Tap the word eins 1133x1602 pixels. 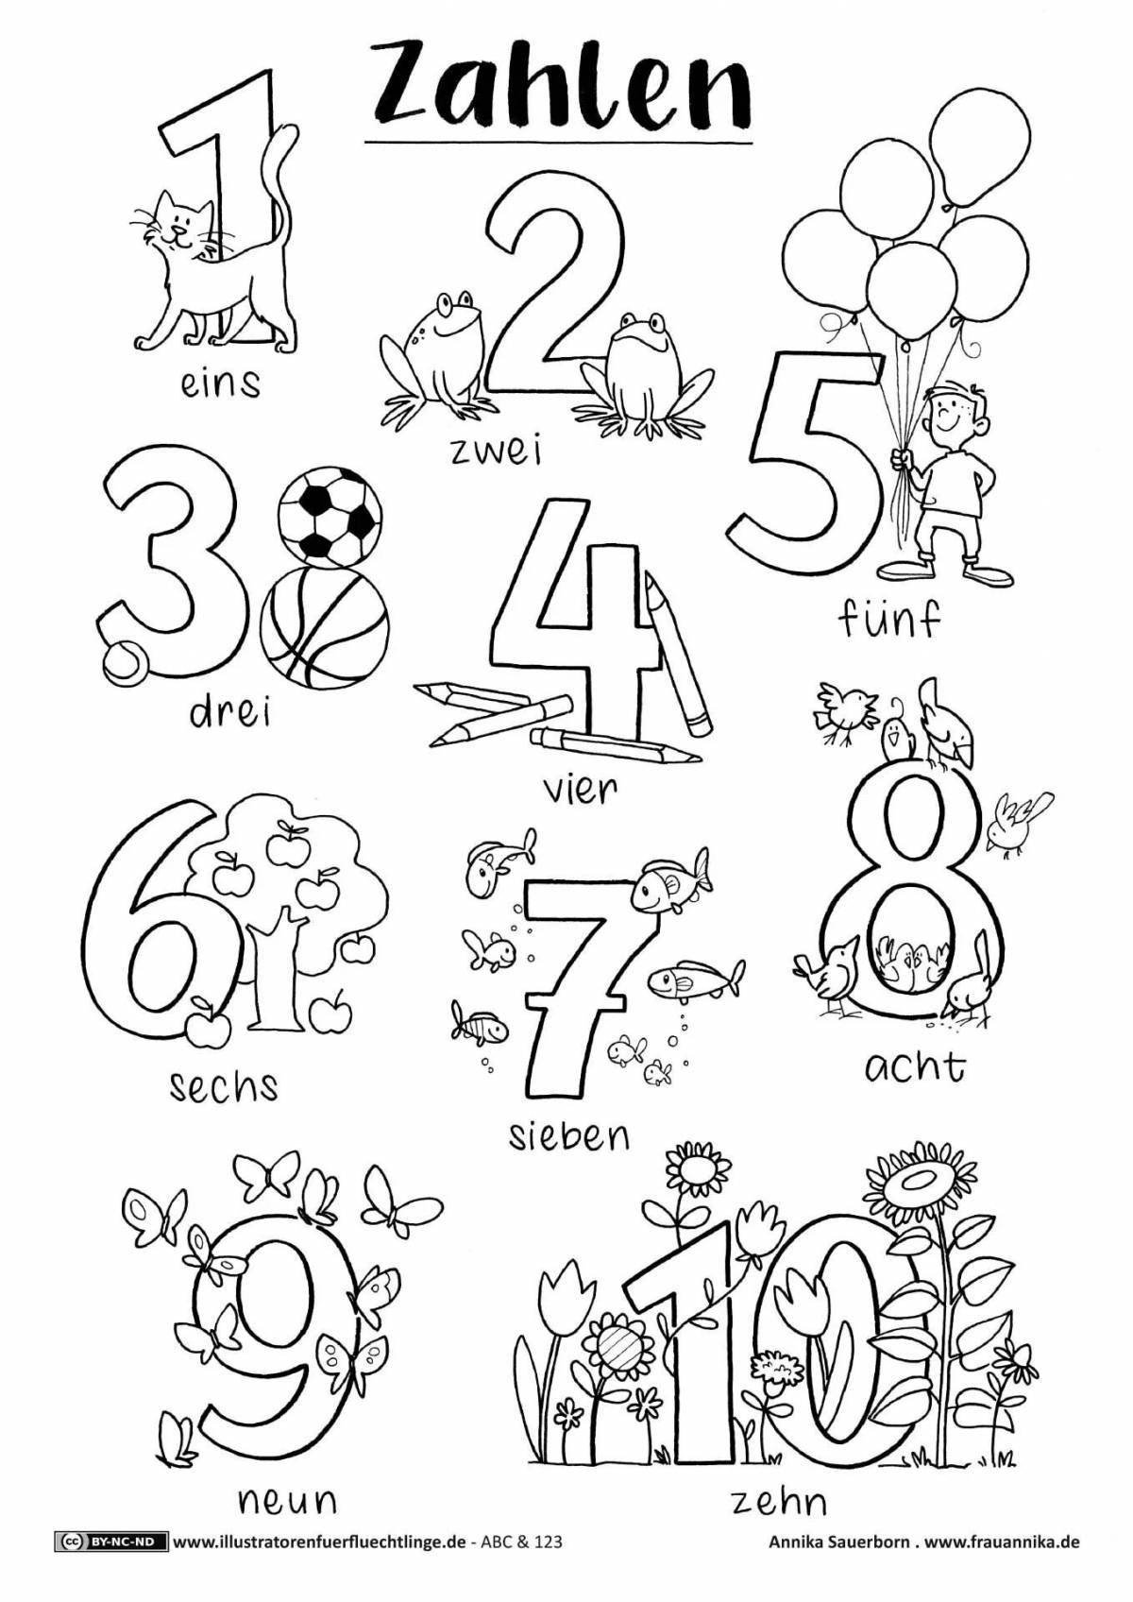[220, 384]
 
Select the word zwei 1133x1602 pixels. [497, 452]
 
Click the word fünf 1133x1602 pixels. [888, 620]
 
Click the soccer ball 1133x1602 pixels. [329, 514]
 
